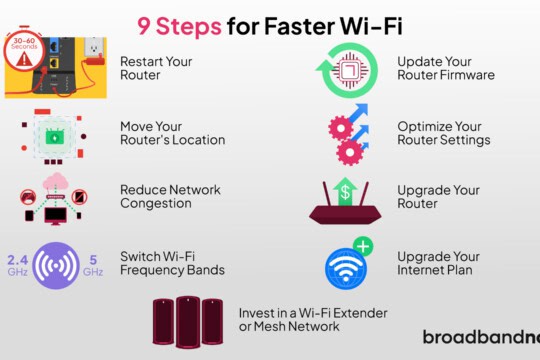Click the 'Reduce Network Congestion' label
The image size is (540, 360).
coord(170,196)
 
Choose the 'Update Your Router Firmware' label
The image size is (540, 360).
coord(445,67)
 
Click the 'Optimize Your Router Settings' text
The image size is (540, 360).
coord(443,132)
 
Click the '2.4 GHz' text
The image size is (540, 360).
coord(17,264)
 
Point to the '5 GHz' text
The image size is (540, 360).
coord(93,264)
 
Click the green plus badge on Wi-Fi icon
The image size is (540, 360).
coord(363,246)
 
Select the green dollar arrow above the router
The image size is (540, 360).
coord(345,189)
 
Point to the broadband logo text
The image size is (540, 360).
coord(480,337)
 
